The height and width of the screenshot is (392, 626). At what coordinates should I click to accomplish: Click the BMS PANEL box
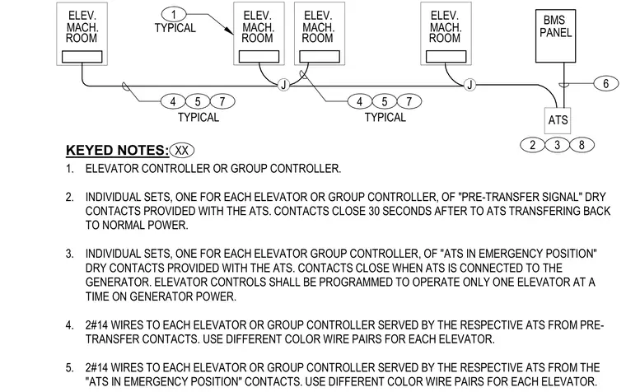[x=555, y=36]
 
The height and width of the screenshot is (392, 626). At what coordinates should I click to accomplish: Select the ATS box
[x=558, y=120]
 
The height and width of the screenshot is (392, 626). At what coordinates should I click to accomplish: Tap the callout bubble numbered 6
[x=606, y=83]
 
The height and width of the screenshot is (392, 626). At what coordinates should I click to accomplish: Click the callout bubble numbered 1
[x=174, y=15]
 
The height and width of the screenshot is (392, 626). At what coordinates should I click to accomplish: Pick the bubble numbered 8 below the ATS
[x=582, y=144]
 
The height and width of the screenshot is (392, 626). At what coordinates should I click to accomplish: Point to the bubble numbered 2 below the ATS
[x=533, y=144]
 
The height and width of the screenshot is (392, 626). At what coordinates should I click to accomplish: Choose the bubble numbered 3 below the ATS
[x=558, y=144]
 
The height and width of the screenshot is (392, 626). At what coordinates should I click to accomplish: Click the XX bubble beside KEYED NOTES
[x=182, y=151]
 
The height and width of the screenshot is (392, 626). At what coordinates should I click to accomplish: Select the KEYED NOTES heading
[x=117, y=151]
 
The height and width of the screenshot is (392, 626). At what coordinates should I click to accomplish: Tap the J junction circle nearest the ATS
[x=469, y=85]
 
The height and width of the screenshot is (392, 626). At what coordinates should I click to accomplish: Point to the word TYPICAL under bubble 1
[x=175, y=28]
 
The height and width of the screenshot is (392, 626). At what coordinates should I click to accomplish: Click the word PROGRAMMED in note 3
[x=355, y=282]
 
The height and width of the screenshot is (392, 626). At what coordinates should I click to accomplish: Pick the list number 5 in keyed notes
[x=69, y=367]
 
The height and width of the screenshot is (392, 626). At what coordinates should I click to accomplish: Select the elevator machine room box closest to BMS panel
[x=446, y=34]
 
